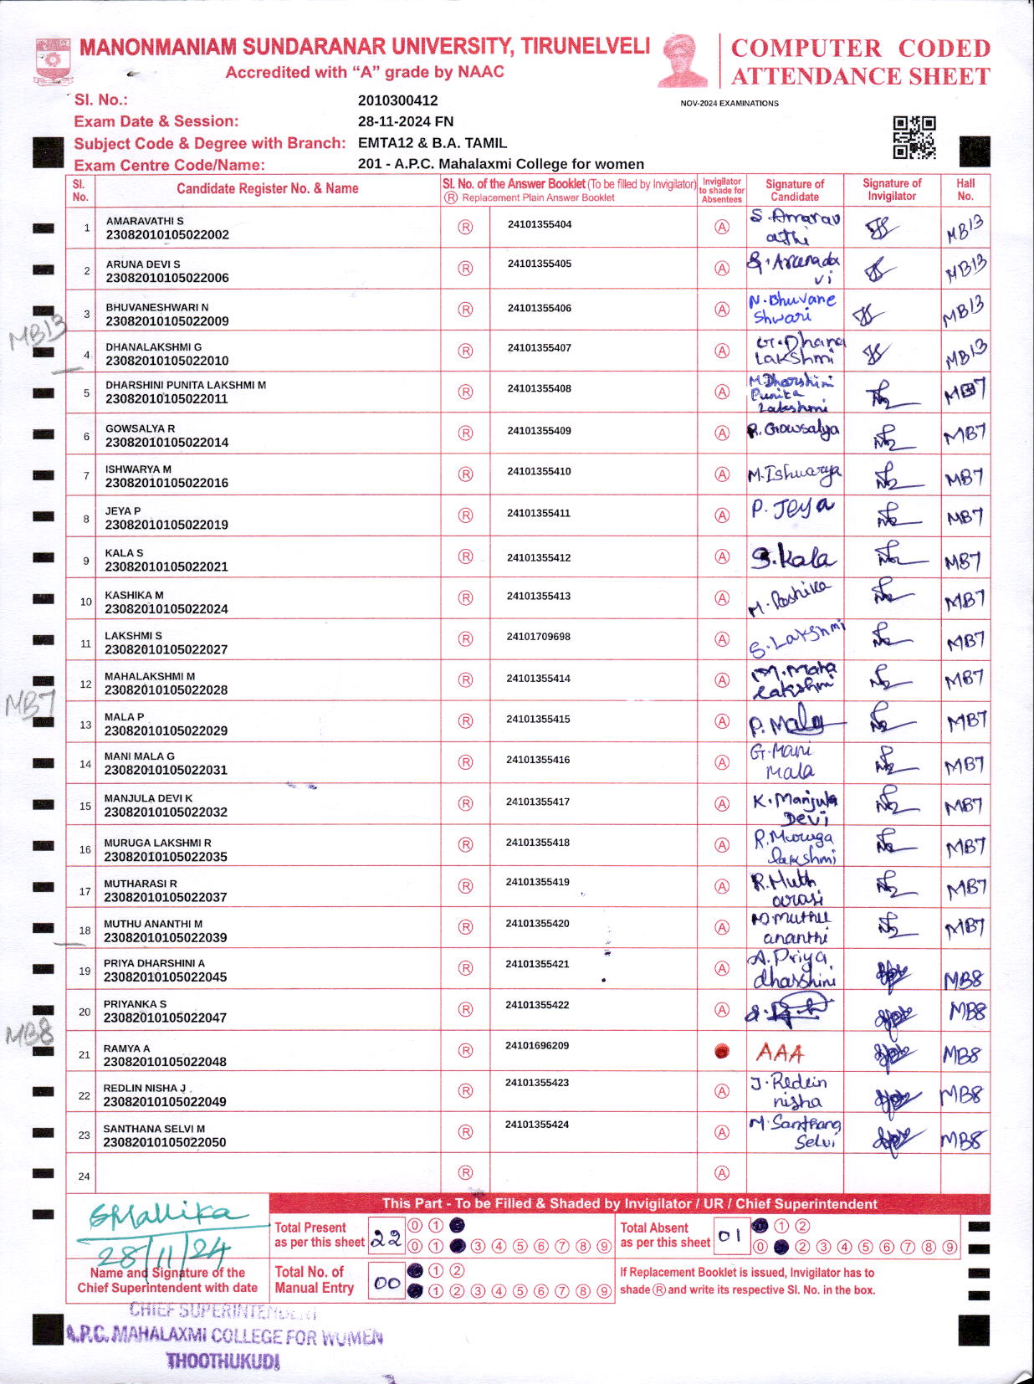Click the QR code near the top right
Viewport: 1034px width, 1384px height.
click(914, 138)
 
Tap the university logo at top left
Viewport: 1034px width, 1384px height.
click(54, 60)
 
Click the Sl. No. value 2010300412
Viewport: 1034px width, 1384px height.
click(397, 100)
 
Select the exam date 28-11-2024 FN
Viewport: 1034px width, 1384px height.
click(405, 121)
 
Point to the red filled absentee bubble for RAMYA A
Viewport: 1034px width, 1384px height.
click(722, 1052)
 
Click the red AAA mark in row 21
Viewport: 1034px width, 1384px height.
click(780, 1053)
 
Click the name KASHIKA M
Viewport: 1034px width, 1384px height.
click(134, 595)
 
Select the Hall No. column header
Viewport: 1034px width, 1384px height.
click(965, 189)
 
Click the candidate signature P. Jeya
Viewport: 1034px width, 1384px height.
click(792, 508)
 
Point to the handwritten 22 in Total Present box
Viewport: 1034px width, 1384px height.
click(386, 1239)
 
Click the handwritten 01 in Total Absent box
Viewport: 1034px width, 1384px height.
click(729, 1235)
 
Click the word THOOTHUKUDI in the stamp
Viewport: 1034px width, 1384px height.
click(223, 1361)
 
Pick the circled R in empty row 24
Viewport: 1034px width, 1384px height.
click(466, 1173)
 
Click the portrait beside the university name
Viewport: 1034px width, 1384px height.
click(683, 60)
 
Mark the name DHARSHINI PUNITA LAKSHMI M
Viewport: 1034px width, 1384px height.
click(186, 385)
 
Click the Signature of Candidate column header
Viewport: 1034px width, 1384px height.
click(794, 189)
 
